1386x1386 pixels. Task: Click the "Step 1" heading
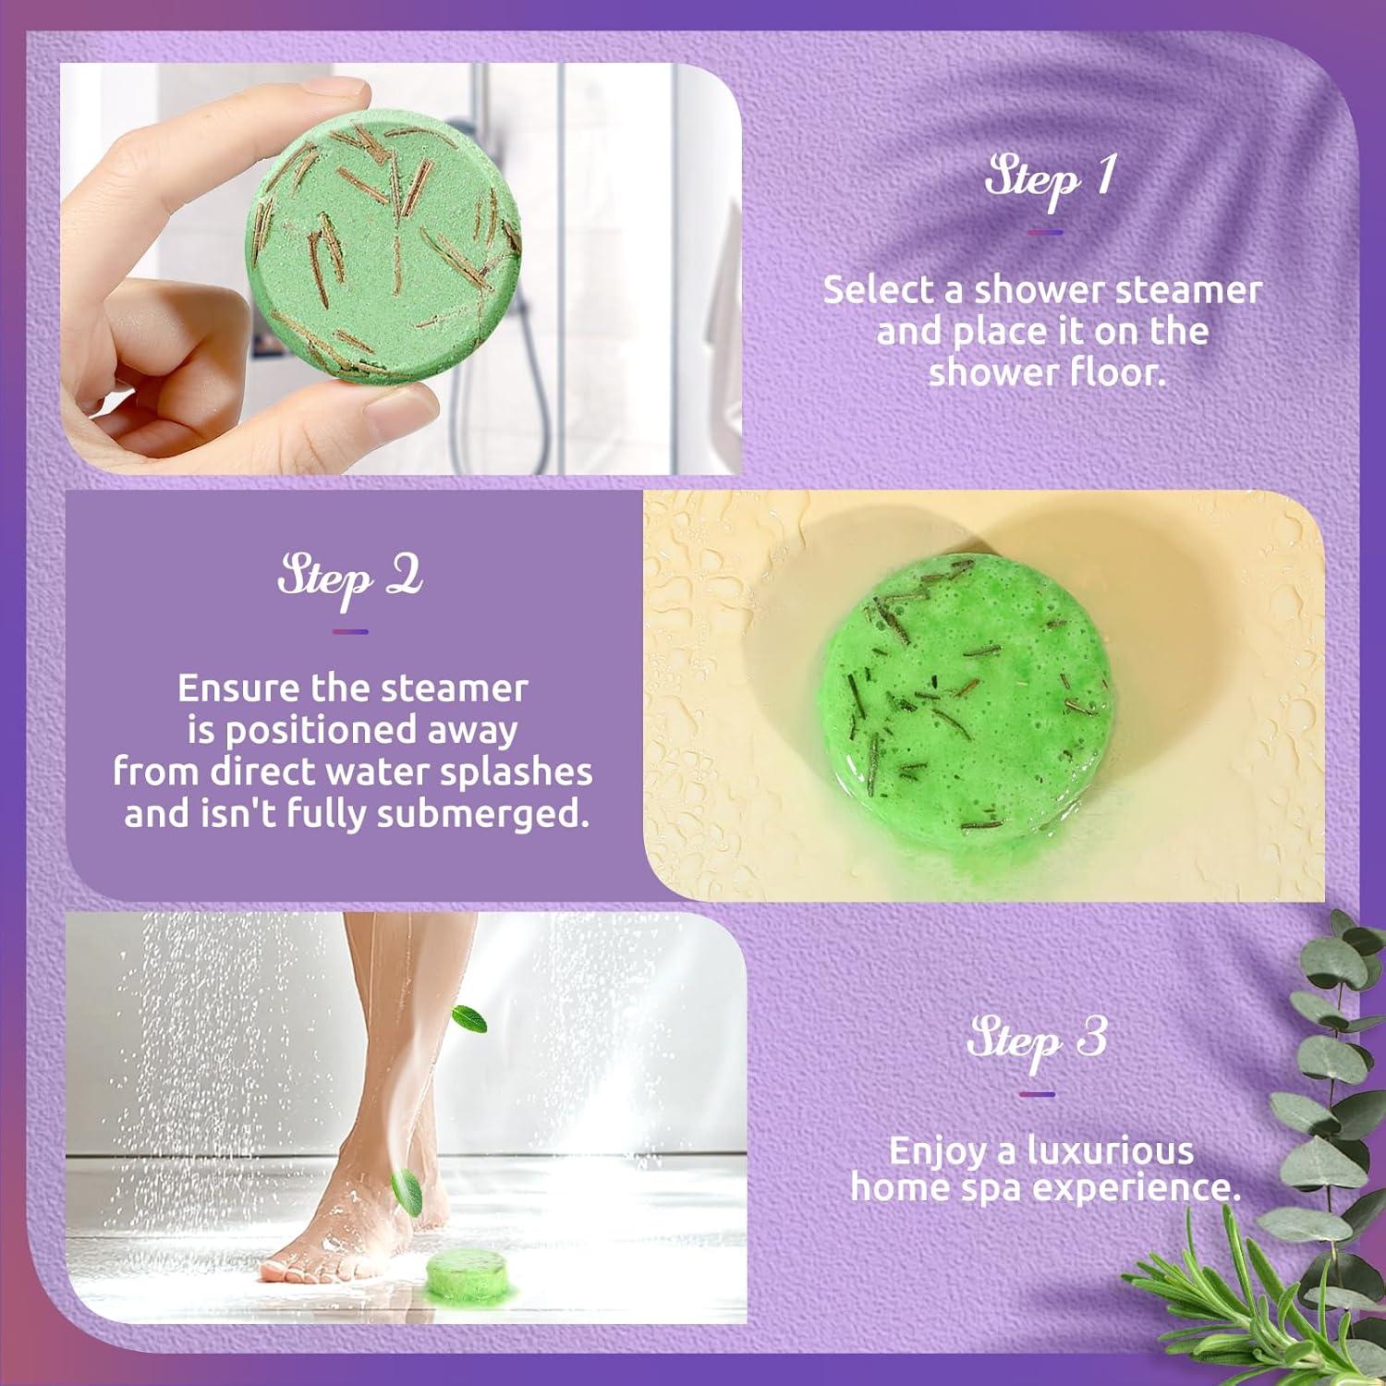1048,177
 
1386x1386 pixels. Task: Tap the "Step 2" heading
350,578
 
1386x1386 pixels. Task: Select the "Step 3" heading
1037,1039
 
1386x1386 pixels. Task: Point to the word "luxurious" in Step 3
1111,1151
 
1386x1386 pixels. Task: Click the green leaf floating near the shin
469,1019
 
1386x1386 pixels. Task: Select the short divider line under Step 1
1045,233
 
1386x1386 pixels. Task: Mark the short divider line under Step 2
350,632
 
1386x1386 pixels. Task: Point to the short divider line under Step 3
1037,1094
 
